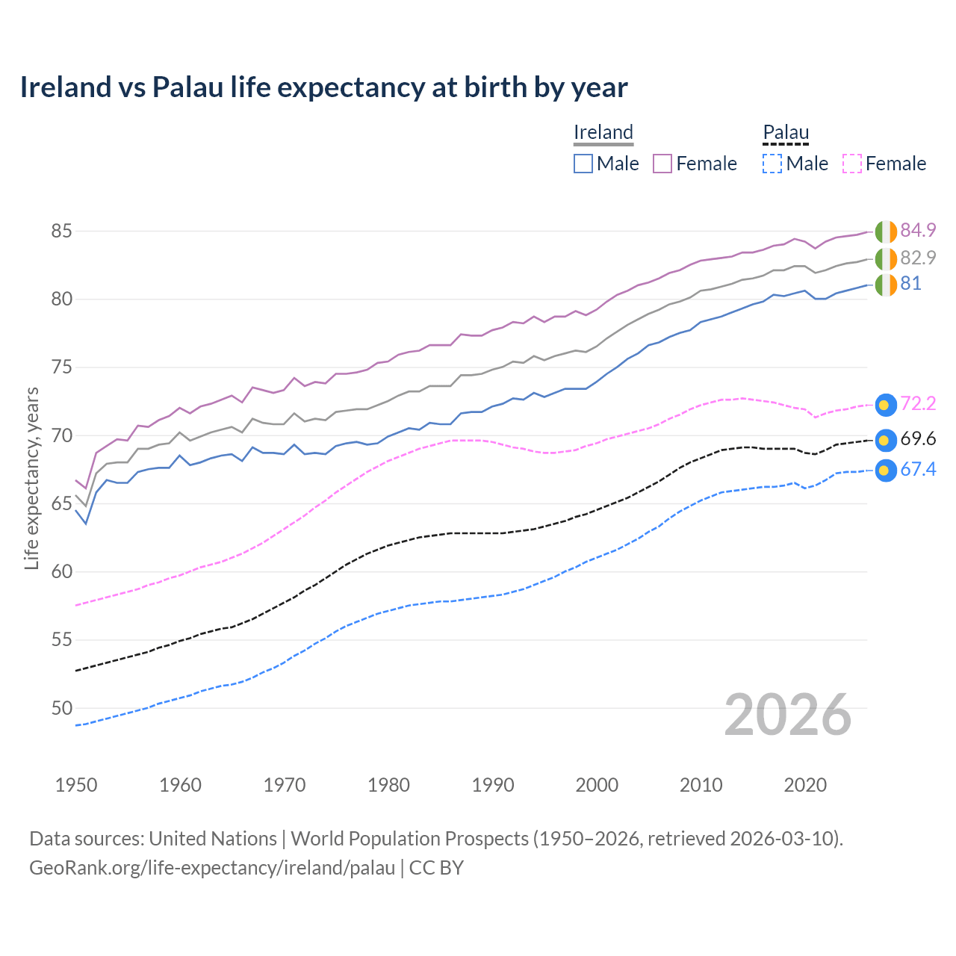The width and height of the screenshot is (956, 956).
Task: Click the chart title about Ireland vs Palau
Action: (x=323, y=87)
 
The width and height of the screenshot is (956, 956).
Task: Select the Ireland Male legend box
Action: (x=583, y=164)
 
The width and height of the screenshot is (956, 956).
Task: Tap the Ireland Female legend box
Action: (x=662, y=164)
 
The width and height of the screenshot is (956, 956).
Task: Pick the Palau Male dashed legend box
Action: (x=772, y=164)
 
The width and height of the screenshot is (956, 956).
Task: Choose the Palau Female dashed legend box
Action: (x=851, y=164)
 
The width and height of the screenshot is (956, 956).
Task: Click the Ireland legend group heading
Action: (x=603, y=133)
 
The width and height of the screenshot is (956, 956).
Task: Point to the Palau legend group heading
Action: (x=786, y=133)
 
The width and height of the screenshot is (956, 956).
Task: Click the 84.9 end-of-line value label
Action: (x=918, y=230)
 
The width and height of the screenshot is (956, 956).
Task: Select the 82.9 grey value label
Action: (x=918, y=258)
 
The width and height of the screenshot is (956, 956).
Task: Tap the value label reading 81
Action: (x=910, y=284)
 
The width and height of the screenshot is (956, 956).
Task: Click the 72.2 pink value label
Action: (x=918, y=404)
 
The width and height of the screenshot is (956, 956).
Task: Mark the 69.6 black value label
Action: (x=918, y=439)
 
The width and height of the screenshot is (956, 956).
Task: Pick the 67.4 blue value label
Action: (x=918, y=470)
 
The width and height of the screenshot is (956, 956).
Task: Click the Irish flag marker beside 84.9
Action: (x=886, y=232)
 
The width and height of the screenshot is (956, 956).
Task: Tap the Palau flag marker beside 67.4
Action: (x=885, y=471)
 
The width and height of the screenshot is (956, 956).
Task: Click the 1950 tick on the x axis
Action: (x=76, y=785)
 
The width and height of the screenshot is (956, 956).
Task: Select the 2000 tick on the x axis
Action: (x=597, y=785)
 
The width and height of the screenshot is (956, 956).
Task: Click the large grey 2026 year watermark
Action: (x=788, y=716)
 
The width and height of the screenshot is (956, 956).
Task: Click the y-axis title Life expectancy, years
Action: (x=31, y=478)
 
